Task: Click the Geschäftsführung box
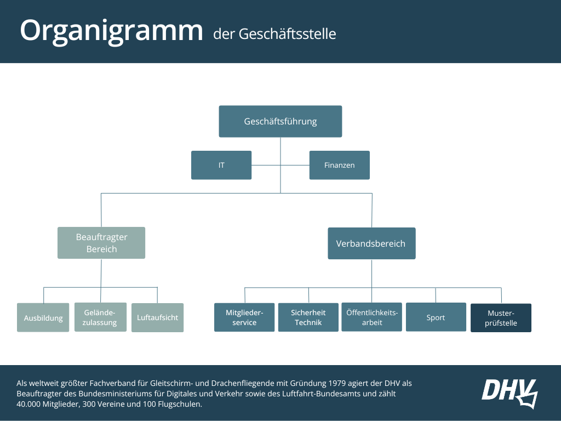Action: [280, 121]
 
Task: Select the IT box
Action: [221, 165]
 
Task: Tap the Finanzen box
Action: [340, 165]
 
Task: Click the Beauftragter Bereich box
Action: [101, 243]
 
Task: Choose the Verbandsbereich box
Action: [372, 243]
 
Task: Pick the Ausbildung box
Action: [43, 317]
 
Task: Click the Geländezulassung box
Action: [101, 317]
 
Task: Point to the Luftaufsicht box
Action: [157, 317]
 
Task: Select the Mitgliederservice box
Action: [244, 317]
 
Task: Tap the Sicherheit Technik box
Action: [308, 317]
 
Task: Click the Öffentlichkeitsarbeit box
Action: [372, 317]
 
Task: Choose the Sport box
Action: [436, 317]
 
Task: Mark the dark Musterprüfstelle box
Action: [501, 318]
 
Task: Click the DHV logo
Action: [510, 393]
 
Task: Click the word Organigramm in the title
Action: [112, 31]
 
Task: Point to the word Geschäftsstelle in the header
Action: [287, 34]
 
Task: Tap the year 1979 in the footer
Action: [337, 383]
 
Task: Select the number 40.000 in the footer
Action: [28, 404]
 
